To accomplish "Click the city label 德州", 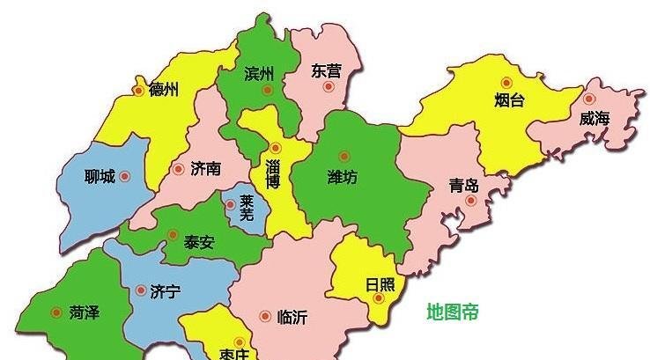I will tap(164, 89).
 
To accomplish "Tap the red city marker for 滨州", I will tap(267, 89).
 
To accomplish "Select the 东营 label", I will tap(326, 71).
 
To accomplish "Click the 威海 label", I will tap(595, 119).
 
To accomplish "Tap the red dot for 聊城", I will tap(124, 176).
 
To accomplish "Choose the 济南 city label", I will tap(204, 168).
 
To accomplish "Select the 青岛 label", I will tap(463, 186).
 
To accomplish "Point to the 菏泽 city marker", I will tap(57, 312).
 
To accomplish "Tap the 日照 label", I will tap(380, 284).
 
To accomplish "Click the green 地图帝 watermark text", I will tap(453, 312).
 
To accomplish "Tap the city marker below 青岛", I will tap(470, 201).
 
